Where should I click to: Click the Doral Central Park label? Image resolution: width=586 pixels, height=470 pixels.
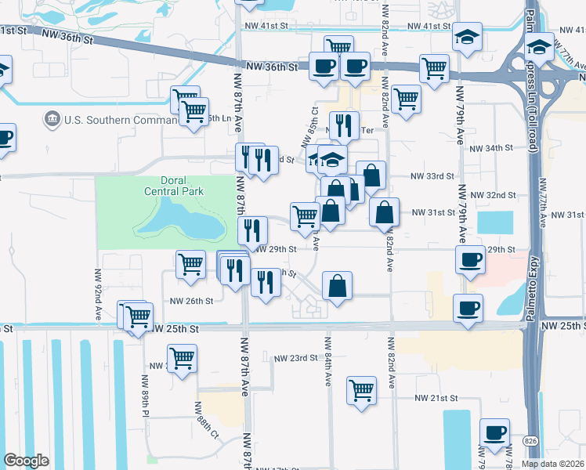tap(173, 186)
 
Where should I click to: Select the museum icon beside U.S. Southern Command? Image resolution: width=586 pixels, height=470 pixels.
tap(52, 119)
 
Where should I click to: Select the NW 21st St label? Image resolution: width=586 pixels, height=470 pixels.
tap(436, 398)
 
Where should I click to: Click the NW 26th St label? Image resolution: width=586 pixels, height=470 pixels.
tap(192, 301)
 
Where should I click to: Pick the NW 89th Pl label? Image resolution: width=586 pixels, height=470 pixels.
tap(146, 395)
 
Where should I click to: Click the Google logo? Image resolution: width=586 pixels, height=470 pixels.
tap(26, 460)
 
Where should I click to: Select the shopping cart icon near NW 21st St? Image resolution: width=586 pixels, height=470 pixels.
tap(361, 389)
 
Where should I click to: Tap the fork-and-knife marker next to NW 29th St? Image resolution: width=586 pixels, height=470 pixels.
tap(252, 229)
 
